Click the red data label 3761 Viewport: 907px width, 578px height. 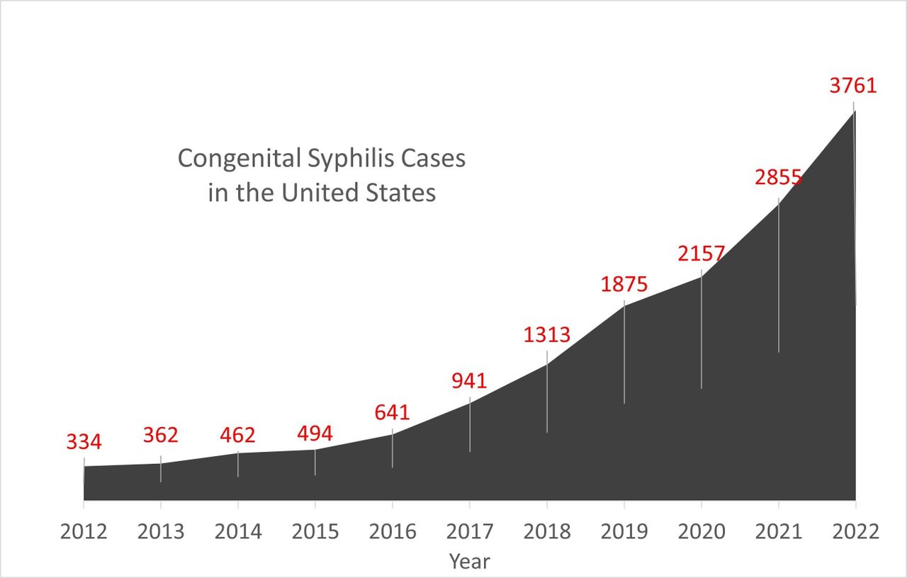coord(853,86)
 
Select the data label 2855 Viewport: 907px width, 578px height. coord(778,177)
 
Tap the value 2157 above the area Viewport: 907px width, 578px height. coord(701,254)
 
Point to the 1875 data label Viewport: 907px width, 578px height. coord(624,284)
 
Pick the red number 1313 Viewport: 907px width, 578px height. coord(546,334)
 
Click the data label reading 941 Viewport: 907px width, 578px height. coord(469,381)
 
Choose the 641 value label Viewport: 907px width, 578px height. coord(392,412)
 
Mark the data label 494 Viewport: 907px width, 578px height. coord(315,433)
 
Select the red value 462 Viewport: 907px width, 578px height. coord(237,435)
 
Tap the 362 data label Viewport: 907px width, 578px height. coord(160,435)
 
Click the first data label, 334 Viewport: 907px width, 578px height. coord(84,443)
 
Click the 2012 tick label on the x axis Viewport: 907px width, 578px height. coord(84,532)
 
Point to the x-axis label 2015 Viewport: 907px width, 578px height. coord(315,532)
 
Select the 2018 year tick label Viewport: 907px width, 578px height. coord(546,532)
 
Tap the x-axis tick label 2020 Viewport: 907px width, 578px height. coord(701,532)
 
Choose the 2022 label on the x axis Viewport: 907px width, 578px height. coord(855,532)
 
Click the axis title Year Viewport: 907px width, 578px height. coord(469,562)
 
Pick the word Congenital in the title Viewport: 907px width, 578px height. coord(239,159)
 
